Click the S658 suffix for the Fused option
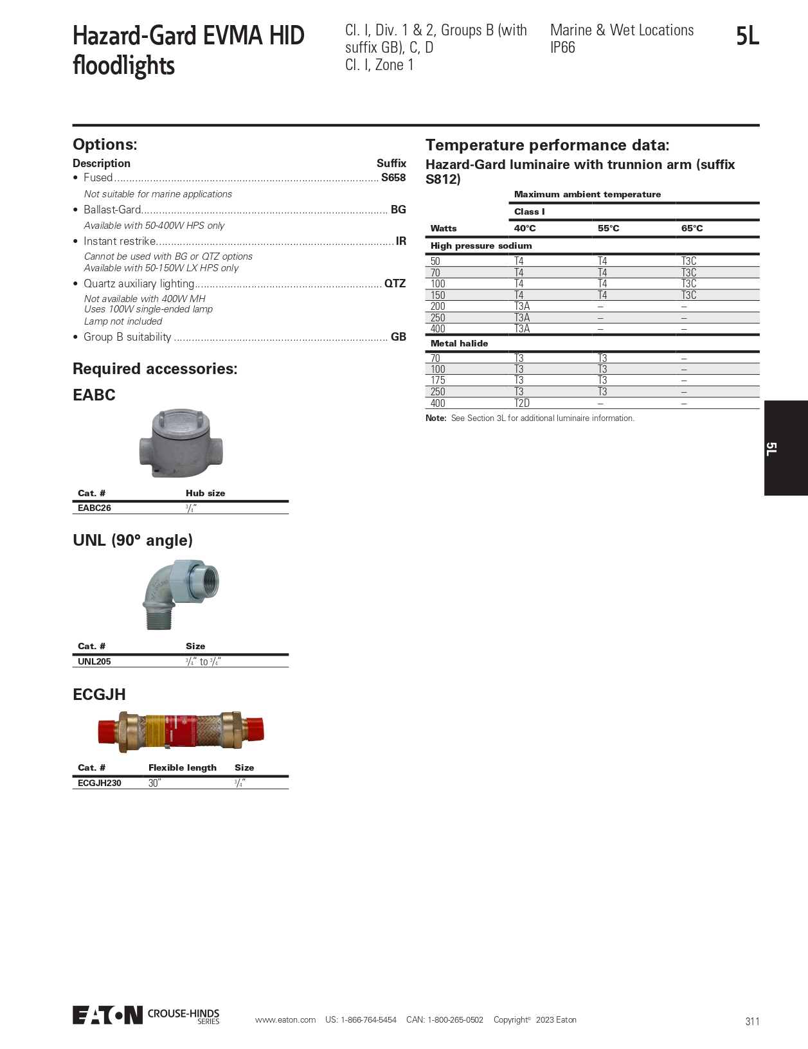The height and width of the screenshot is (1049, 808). [x=393, y=178]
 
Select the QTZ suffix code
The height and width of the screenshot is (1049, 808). [x=395, y=283]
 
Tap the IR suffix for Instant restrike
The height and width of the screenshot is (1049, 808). [x=400, y=241]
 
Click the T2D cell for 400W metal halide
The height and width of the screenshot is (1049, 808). [x=522, y=403]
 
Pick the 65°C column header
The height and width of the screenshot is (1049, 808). [x=692, y=228]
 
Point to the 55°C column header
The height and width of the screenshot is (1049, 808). [x=608, y=228]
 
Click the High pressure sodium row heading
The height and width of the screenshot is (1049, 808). [x=481, y=246]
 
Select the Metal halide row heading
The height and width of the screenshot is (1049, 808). [x=459, y=343]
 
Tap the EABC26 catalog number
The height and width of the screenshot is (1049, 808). [x=94, y=508]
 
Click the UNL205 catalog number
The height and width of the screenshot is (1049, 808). [x=94, y=661]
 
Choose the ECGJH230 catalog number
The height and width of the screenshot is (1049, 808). [x=100, y=783]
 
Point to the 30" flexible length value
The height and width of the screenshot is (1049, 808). [x=154, y=783]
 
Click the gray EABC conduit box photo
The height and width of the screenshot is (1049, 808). [x=181, y=442]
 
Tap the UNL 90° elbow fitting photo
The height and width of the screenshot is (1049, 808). [x=181, y=593]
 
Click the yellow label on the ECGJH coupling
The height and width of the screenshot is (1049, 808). [x=155, y=732]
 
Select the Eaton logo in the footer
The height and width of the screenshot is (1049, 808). [x=107, y=1015]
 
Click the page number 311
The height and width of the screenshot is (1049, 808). [x=752, y=1021]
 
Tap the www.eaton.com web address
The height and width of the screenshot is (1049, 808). [x=285, y=1020]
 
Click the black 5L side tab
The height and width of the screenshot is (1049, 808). [x=786, y=448]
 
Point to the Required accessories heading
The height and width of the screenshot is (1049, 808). [x=155, y=369]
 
